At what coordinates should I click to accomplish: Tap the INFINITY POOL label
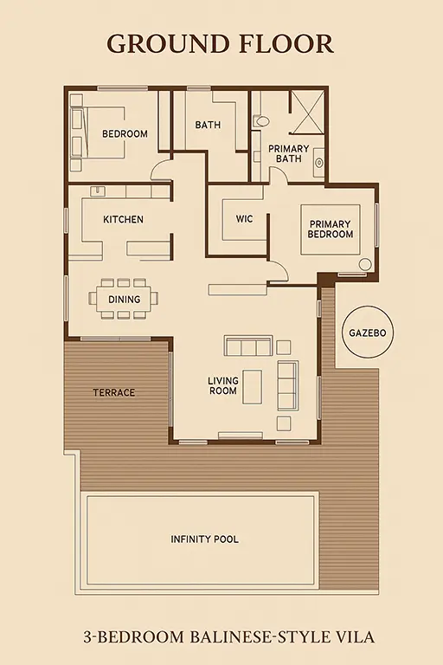point(205,539)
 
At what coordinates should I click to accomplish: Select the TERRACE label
point(114,392)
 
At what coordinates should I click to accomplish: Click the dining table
point(124,299)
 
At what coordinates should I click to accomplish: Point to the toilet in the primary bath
point(260,122)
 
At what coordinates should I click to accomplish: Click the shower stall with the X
point(309,112)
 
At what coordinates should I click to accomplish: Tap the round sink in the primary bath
point(319,163)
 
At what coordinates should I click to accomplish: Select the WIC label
point(245,219)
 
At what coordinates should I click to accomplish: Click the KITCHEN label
point(124,219)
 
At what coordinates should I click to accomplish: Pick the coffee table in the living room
point(253,386)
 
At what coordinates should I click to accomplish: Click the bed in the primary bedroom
point(331,229)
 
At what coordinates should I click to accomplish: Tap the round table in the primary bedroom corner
point(365,264)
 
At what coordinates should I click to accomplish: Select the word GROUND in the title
point(168,44)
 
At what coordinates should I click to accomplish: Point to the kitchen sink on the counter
point(96,190)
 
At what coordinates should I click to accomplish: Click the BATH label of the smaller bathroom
point(208,125)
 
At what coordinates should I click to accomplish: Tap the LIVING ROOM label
point(223,385)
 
